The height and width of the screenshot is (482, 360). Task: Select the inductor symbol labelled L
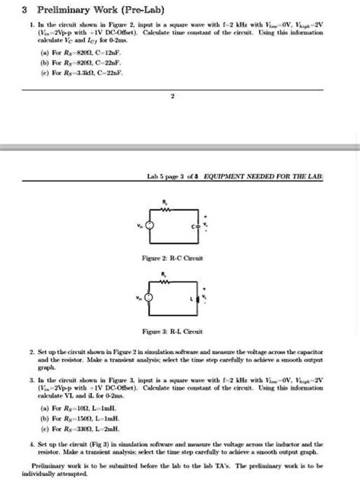click(197, 298)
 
